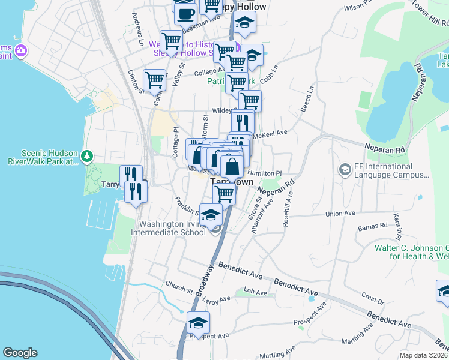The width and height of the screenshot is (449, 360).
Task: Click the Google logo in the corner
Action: point(20,353)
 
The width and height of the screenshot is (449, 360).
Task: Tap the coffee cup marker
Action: point(185,12)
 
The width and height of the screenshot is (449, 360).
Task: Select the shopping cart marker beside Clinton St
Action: point(155,79)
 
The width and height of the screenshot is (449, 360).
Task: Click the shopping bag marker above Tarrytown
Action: point(231,165)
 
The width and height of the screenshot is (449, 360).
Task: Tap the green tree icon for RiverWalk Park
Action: point(88,156)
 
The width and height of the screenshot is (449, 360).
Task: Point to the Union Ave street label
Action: point(340,213)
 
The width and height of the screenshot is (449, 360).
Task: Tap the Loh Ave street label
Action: point(255,293)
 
